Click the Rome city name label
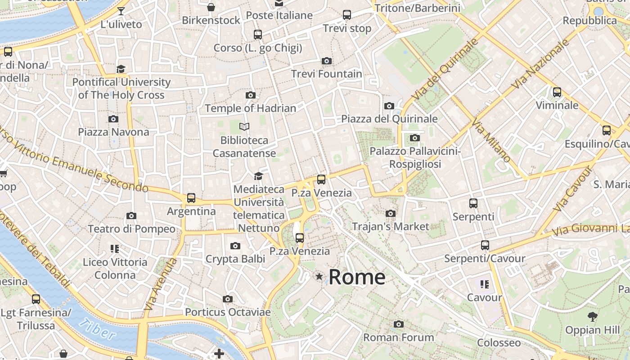click(357, 277)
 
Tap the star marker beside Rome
click(319, 276)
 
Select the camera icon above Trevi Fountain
click(327, 61)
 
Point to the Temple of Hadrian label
click(251, 108)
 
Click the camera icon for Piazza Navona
click(113, 119)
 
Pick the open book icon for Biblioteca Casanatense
click(244, 127)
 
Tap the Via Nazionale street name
click(540, 64)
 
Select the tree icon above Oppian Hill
click(593, 316)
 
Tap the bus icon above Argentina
click(191, 198)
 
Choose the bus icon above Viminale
click(557, 92)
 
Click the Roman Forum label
click(398, 337)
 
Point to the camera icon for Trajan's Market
click(391, 213)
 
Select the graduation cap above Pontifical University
click(121, 69)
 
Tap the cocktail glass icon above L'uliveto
click(121, 11)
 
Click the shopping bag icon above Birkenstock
click(211, 7)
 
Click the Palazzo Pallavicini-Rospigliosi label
click(415, 157)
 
